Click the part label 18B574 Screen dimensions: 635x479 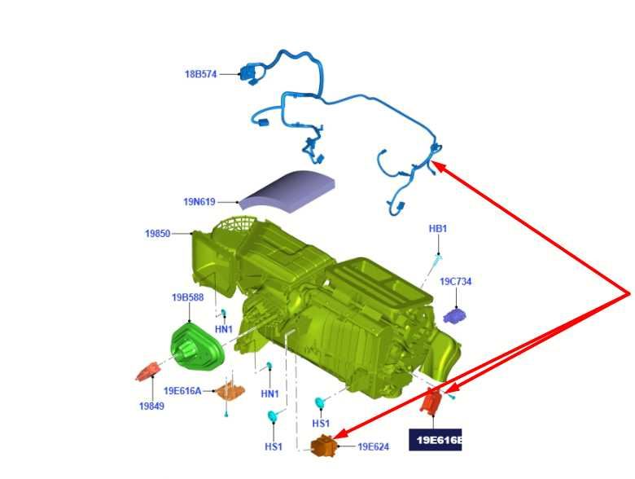201,74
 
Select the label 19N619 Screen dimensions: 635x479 199,202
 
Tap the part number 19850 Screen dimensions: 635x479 158,234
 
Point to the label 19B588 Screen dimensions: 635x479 187,297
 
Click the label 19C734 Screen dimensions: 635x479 456,281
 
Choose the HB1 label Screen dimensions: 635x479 438,229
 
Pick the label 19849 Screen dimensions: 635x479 152,406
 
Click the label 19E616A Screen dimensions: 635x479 182,391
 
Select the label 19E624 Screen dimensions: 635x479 374,446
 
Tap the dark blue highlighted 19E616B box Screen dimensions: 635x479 436,440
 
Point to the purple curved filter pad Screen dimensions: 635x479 287,191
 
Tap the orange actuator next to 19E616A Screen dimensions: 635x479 230,391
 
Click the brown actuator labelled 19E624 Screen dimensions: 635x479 323,446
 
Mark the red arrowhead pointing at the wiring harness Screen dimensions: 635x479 439,165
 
